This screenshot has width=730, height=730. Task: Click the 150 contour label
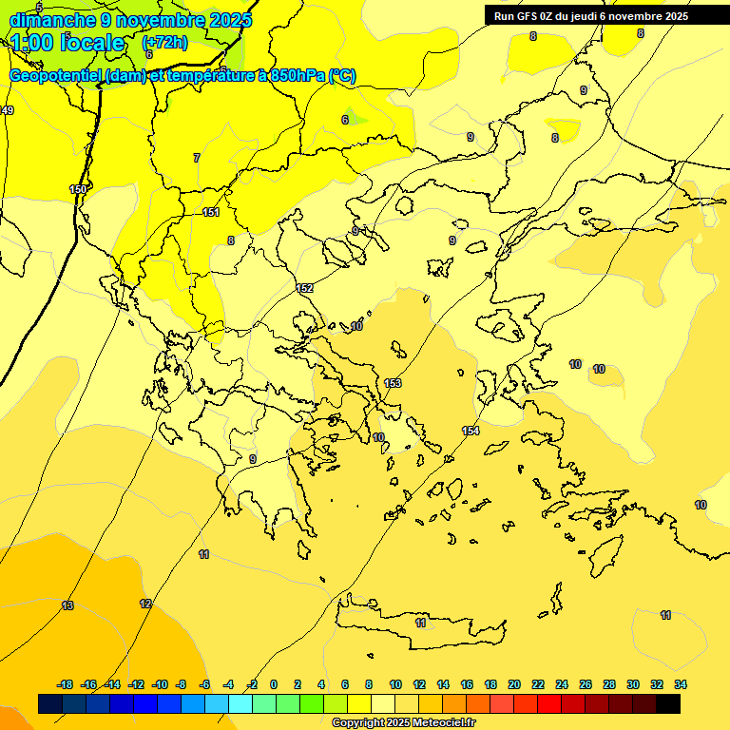coord(78,189)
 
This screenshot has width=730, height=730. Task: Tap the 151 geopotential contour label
coord(211,212)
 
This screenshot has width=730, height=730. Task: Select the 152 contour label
coord(304,288)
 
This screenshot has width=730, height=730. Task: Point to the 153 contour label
coord(393,383)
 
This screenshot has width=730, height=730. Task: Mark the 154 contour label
coord(471,432)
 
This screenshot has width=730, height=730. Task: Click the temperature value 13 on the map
coord(67,605)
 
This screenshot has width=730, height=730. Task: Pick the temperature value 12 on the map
coord(145,604)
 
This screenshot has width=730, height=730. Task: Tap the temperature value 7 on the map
coord(197,158)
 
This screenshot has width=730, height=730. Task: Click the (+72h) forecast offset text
coord(164,43)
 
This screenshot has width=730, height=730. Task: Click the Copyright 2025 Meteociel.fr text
coord(403,723)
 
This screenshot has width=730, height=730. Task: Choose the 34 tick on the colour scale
coord(681,684)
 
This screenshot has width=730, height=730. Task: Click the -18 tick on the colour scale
coord(65,684)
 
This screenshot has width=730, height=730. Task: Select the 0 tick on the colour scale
coord(274,684)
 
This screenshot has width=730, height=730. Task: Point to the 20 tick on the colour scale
coord(514,684)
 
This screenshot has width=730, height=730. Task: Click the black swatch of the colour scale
coord(668,704)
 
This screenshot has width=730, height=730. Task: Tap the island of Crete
coord(418,623)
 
